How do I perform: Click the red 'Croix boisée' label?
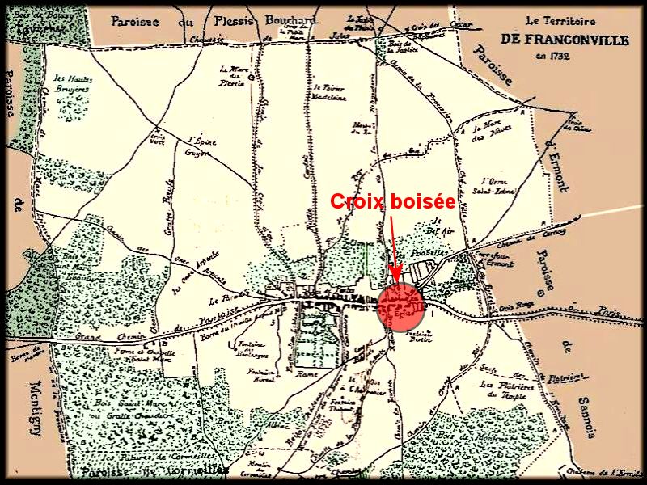[392, 202]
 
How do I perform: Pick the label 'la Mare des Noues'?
[488, 133]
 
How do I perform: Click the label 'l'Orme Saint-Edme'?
[498, 185]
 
